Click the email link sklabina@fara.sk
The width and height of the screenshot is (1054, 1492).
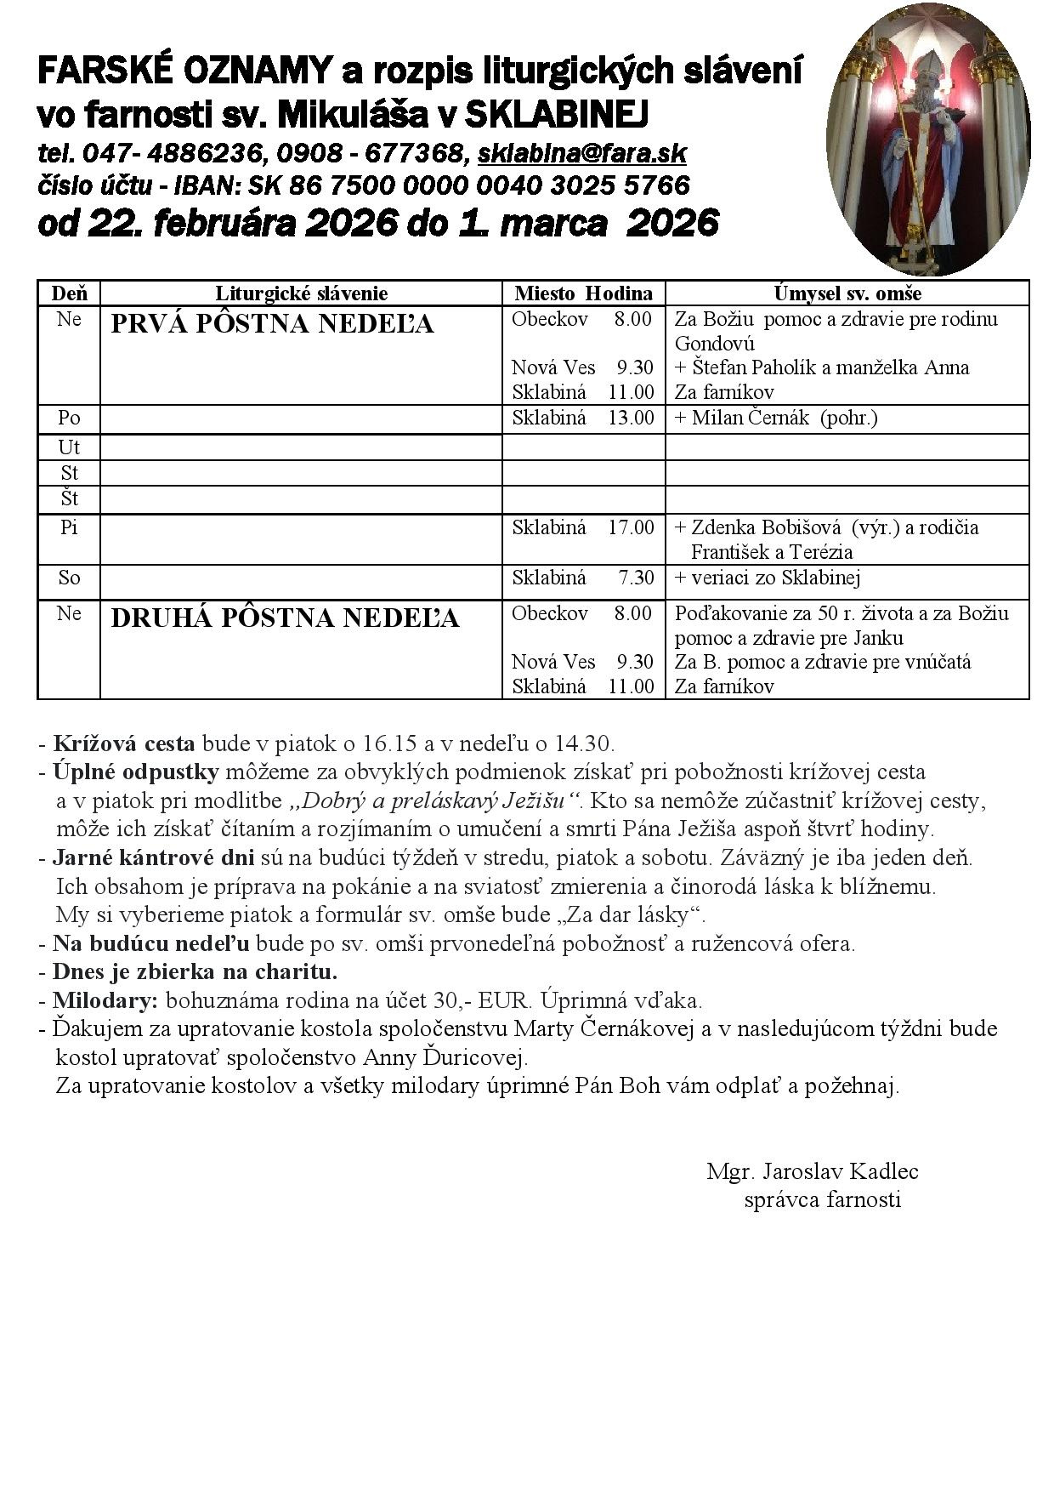tap(582, 154)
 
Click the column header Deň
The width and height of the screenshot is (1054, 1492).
tap(69, 293)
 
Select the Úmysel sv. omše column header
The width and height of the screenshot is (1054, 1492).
tap(847, 293)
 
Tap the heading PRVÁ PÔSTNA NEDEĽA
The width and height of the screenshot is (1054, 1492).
tap(272, 324)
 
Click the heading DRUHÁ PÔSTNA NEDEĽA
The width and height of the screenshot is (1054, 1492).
tap(285, 618)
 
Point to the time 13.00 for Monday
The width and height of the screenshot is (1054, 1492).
tap(631, 418)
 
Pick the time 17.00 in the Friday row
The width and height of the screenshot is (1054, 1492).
tap(631, 527)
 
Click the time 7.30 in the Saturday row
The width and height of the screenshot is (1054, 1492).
tap(636, 578)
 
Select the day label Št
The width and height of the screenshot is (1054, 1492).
tap(69, 498)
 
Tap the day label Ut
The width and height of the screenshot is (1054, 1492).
tap(69, 447)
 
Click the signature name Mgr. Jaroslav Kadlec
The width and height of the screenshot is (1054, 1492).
tap(812, 1171)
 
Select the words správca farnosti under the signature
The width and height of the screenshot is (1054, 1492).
tap(822, 1199)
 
